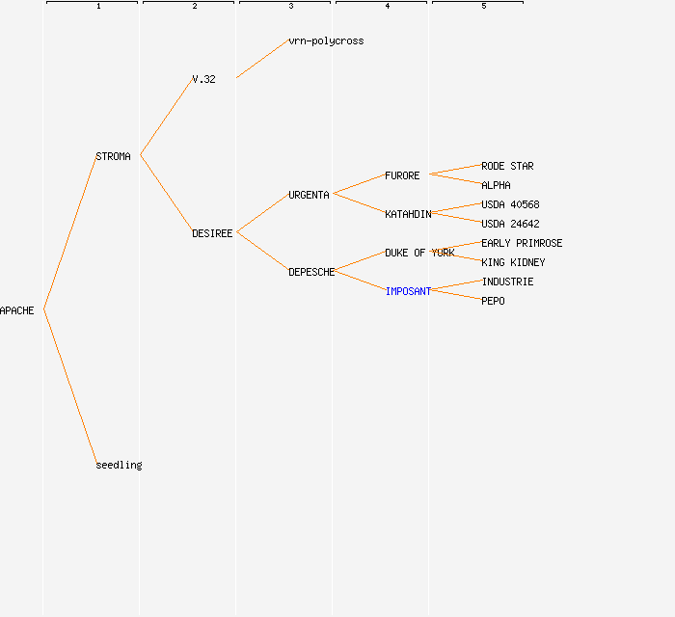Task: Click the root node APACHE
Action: coord(16,310)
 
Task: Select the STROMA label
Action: coord(113,156)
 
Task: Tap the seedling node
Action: coord(119,465)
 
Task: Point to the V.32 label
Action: coord(203,79)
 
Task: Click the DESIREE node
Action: coord(212,233)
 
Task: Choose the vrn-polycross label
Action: coord(326,40)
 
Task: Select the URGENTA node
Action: coord(309,195)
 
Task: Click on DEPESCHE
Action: coord(311,272)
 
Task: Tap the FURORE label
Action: coord(402,175)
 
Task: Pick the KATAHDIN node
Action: coord(408,214)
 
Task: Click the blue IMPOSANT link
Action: coord(408,291)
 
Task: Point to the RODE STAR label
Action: coord(507,166)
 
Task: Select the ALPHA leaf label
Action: coord(496,185)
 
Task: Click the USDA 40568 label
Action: coord(510,204)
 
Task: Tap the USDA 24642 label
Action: coord(510,224)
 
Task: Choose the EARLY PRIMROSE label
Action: coord(522,243)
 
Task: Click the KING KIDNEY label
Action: coord(513,262)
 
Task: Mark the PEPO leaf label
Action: coord(493,301)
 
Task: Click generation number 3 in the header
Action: coord(291,6)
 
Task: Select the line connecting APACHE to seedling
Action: coord(70,387)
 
